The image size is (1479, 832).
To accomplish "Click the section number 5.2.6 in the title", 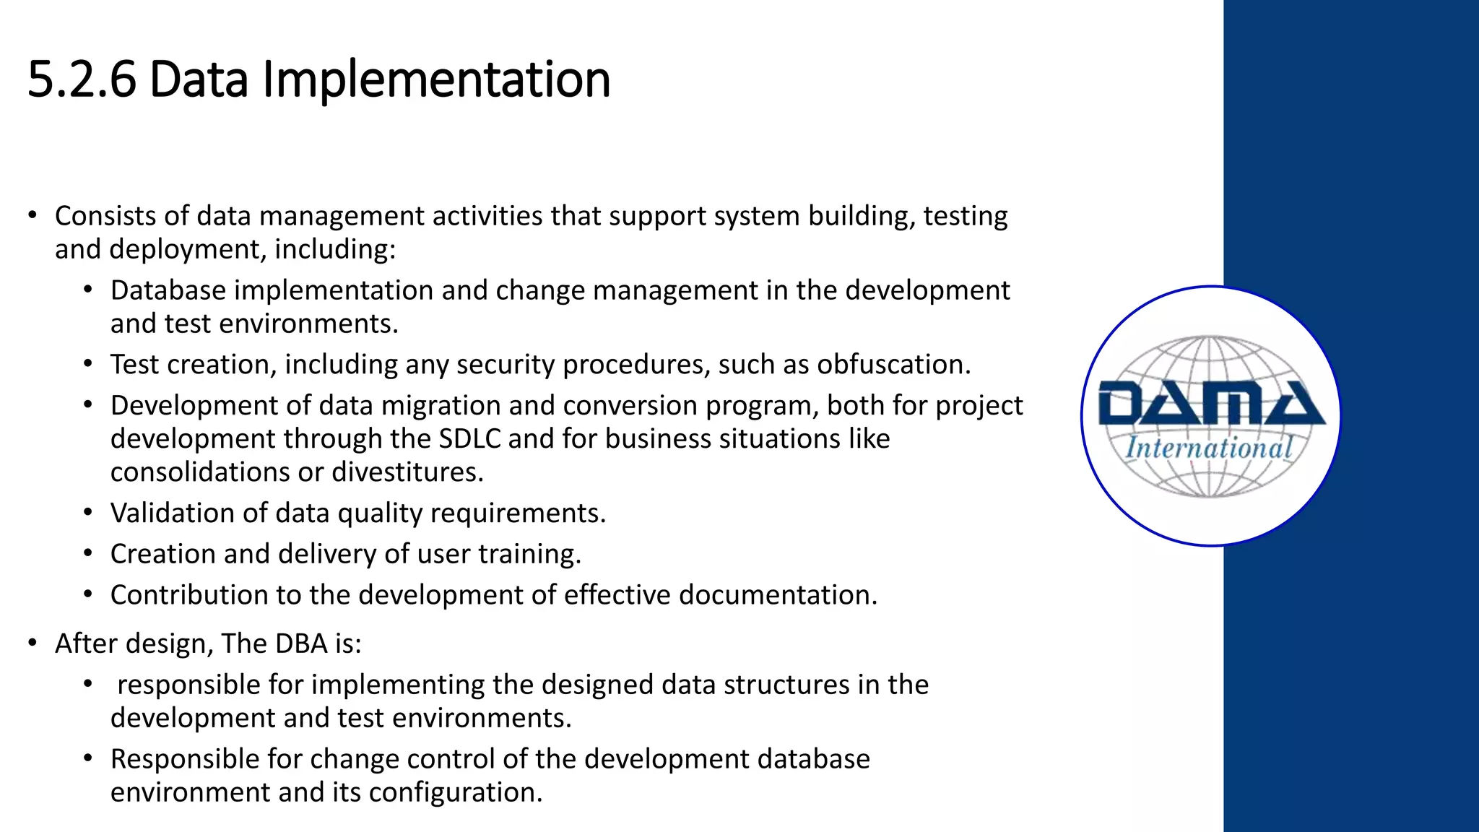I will coord(82,79).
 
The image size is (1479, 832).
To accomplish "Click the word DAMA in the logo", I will coord(1211,404).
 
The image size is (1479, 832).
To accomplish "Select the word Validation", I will coord(172,513).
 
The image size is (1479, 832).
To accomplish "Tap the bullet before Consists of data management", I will coord(32,216).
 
